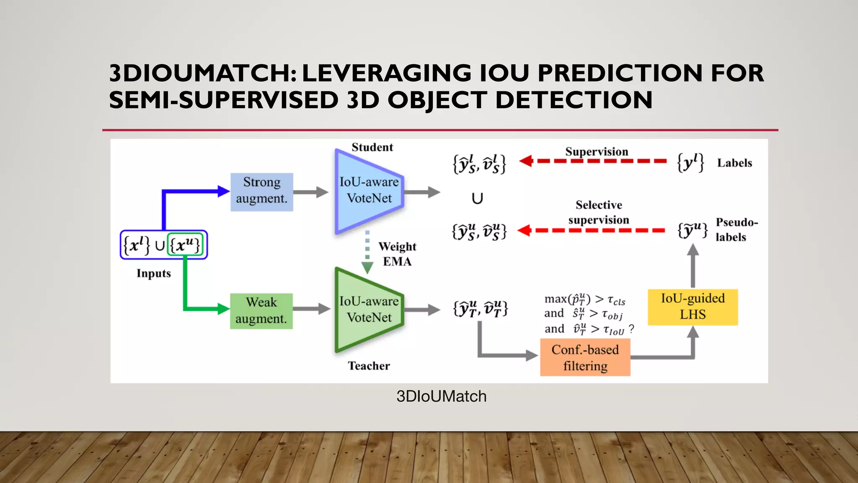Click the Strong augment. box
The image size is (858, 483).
pyautogui.click(x=261, y=192)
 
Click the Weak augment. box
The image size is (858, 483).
pyautogui.click(x=261, y=311)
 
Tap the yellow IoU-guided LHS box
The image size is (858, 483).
pyautogui.click(x=693, y=307)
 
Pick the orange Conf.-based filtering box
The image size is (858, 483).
pyautogui.click(x=585, y=358)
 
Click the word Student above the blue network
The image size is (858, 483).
pyautogui.click(x=372, y=147)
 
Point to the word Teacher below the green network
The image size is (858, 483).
pyautogui.click(x=369, y=366)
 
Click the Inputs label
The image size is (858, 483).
pyautogui.click(x=154, y=273)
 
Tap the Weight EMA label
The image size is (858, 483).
pyautogui.click(x=397, y=254)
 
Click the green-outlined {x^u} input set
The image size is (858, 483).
pyautogui.click(x=185, y=245)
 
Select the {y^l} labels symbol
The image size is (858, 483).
pyautogui.click(x=690, y=162)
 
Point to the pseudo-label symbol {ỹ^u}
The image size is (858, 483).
pyautogui.click(x=693, y=230)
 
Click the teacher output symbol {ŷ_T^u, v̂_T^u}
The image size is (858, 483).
pyautogui.click(x=480, y=309)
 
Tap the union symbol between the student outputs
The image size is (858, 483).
pyautogui.click(x=477, y=198)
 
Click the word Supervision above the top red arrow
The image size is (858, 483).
pyautogui.click(x=597, y=151)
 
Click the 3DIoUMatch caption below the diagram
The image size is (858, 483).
pyautogui.click(x=441, y=396)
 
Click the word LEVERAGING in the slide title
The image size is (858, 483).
pyautogui.click(x=386, y=73)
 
